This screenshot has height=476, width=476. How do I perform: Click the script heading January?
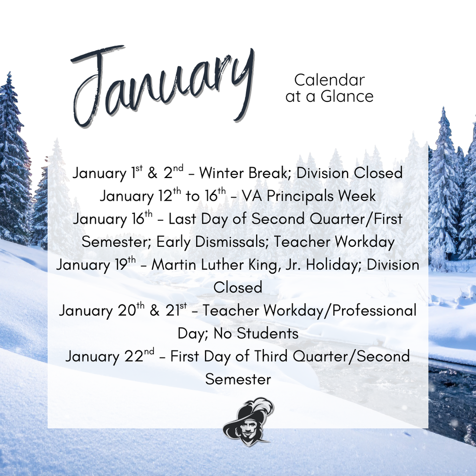pyautogui.click(x=163, y=86)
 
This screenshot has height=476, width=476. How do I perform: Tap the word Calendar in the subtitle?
pyautogui.click(x=329, y=80)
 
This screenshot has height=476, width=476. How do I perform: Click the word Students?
pyautogui.click(x=267, y=333)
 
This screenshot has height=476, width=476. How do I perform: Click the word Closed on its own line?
pyautogui.click(x=238, y=287)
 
